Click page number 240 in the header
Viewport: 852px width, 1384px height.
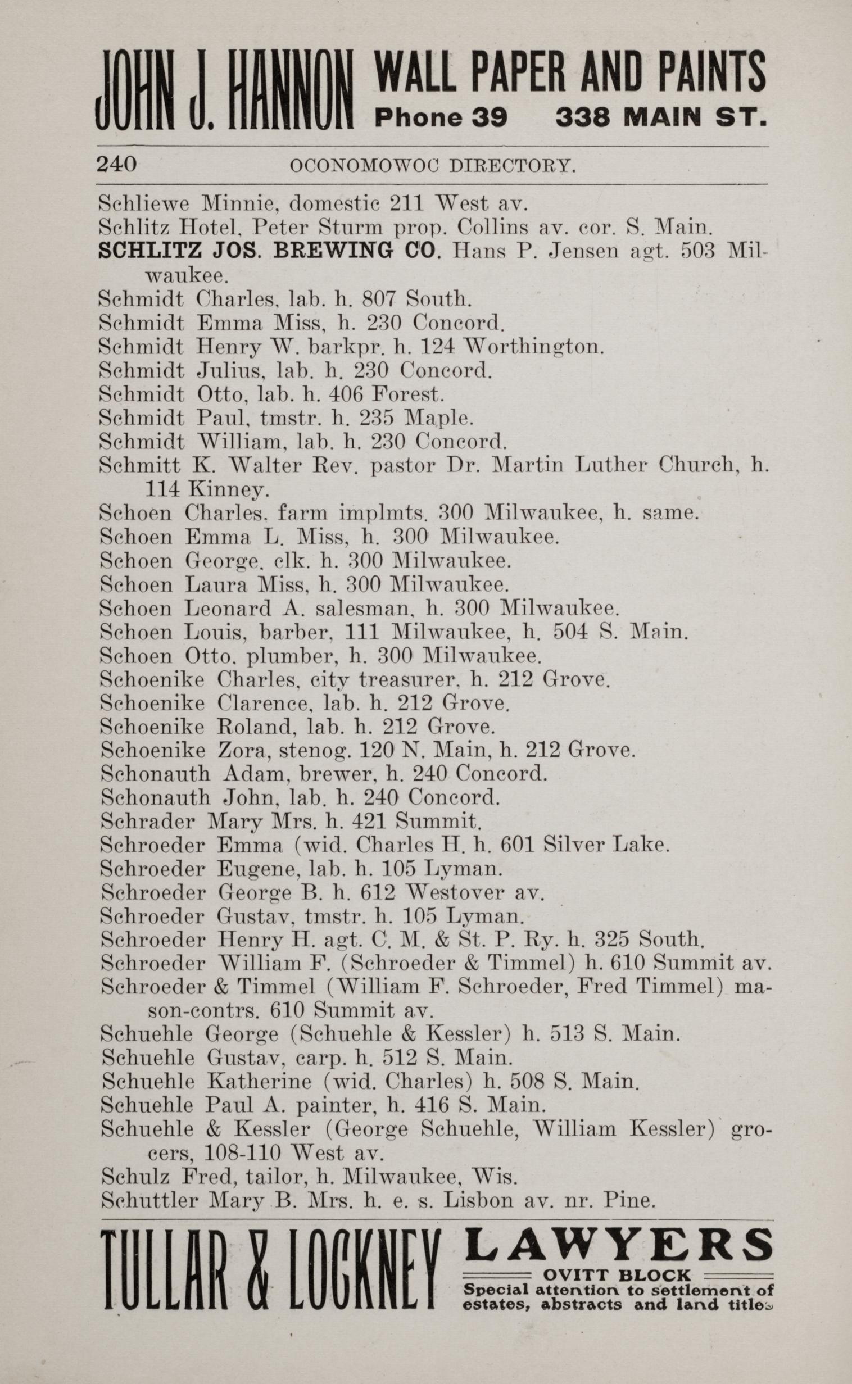click(117, 164)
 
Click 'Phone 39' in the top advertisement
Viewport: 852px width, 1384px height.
click(441, 117)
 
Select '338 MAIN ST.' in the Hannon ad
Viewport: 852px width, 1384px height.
click(661, 117)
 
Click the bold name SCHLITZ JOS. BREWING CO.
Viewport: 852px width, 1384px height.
click(268, 250)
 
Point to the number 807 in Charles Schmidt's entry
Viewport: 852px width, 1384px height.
click(381, 297)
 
